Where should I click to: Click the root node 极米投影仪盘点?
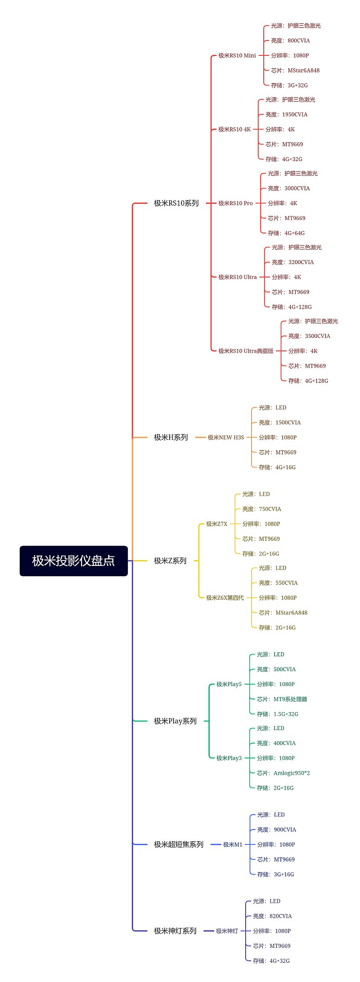pyautogui.click(x=74, y=561)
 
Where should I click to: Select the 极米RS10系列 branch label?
pyautogui.click(x=176, y=203)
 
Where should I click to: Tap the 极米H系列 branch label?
pyautogui.click(x=171, y=437)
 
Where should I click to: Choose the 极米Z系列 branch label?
pyautogui.click(x=170, y=561)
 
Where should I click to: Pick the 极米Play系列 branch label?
pyautogui.click(x=175, y=721)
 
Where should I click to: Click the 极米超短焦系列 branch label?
pyautogui.click(x=179, y=844)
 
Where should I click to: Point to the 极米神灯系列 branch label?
pyautogui.click(x=175, y=931)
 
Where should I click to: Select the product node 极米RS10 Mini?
pyautogui.click(x=237, y=55)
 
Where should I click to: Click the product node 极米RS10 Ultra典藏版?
pyautogui.click(x=246, y=351)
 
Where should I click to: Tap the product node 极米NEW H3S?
pyautogui.click(x=226, y=437)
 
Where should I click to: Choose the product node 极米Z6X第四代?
pyautogui.click(x=225, y=597)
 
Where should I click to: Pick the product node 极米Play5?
pyautogui.click(x=229, y=684)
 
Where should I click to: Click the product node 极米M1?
pyautogui.click(x=233, y=844)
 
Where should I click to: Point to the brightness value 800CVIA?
pyautogui.click(x=299, y=40)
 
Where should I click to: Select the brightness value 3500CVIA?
pyautogui.click(x=318, y=336)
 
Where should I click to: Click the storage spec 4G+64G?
pyautogui.click(x=295, y=233)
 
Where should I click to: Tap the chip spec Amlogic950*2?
pyautogui.click(x=292, y=773)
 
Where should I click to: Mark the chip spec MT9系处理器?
pyautogui.click(x=290, y=699)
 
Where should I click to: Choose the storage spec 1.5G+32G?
pyautogui.click(x=286, y=714)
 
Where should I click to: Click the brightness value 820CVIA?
pyautogui.click(x=281, y=916)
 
